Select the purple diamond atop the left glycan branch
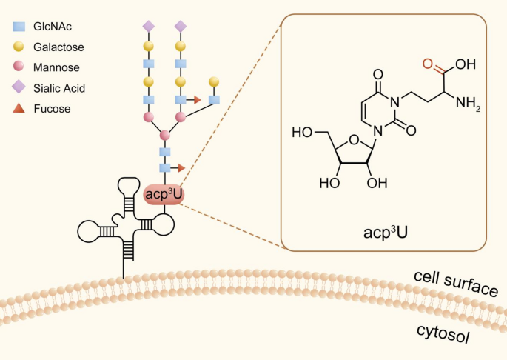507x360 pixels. click(x=148, y=27)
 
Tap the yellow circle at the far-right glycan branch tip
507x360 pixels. click(x=215, y=80)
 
